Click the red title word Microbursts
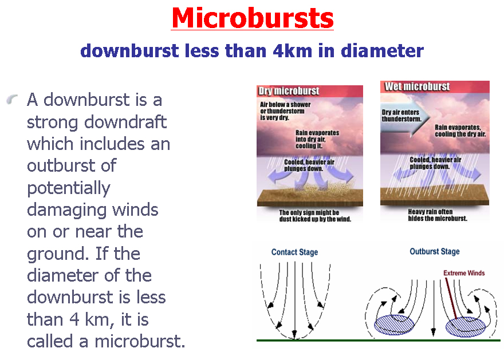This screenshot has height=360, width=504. tap(253, 18)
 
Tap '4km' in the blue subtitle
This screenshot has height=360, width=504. tap(293, 51)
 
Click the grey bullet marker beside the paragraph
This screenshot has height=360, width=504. tap(12, 100)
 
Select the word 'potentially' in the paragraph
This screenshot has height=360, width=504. tap(69, 188)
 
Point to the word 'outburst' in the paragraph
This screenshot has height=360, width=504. tap(62, 166)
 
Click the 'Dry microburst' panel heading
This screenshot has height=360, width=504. tap(289, 91)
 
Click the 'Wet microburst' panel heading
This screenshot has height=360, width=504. tap(417, 86)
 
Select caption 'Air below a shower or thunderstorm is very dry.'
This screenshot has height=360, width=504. tap(285, 111)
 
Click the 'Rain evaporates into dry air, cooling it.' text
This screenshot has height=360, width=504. tap(317, 139)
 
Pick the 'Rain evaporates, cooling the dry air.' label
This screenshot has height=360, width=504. tap(460, 130)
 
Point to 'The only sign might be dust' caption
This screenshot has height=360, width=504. tap(315, 216)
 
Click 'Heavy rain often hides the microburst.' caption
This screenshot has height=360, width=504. tap(438, 215)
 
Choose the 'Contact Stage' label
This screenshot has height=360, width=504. tap(295, 252)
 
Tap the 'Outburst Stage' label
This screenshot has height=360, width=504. tap(435, 251)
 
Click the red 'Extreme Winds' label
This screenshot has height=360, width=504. tap(464, 273)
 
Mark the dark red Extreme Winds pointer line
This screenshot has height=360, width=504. tap(451, 298)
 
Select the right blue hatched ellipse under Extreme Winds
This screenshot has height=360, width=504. tap(466, 327)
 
